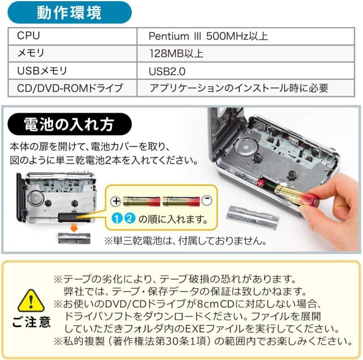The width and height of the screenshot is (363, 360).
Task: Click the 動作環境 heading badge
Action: coord(70,12)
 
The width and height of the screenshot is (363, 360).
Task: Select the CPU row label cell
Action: coord(72,36)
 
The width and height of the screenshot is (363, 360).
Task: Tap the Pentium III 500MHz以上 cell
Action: coord(245,36)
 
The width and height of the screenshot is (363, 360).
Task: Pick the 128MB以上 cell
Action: coord(245,54)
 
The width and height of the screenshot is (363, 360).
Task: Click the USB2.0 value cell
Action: coord(245,71)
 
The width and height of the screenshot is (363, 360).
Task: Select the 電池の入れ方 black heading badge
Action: coord(70,124)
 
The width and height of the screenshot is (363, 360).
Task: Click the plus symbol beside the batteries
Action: coord(115,201)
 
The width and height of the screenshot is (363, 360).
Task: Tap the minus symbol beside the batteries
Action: coord(206,200)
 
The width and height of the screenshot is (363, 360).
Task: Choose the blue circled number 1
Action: coord(117,218)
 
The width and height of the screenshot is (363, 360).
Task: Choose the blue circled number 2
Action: coord(129,218)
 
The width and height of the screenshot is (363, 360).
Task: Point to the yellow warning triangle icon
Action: coord(31,301)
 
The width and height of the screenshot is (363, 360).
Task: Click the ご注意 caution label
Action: coord(31,322)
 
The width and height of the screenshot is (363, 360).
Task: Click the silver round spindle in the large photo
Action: coord(246,146)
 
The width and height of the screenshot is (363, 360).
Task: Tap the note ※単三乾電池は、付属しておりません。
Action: coord(185,241)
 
